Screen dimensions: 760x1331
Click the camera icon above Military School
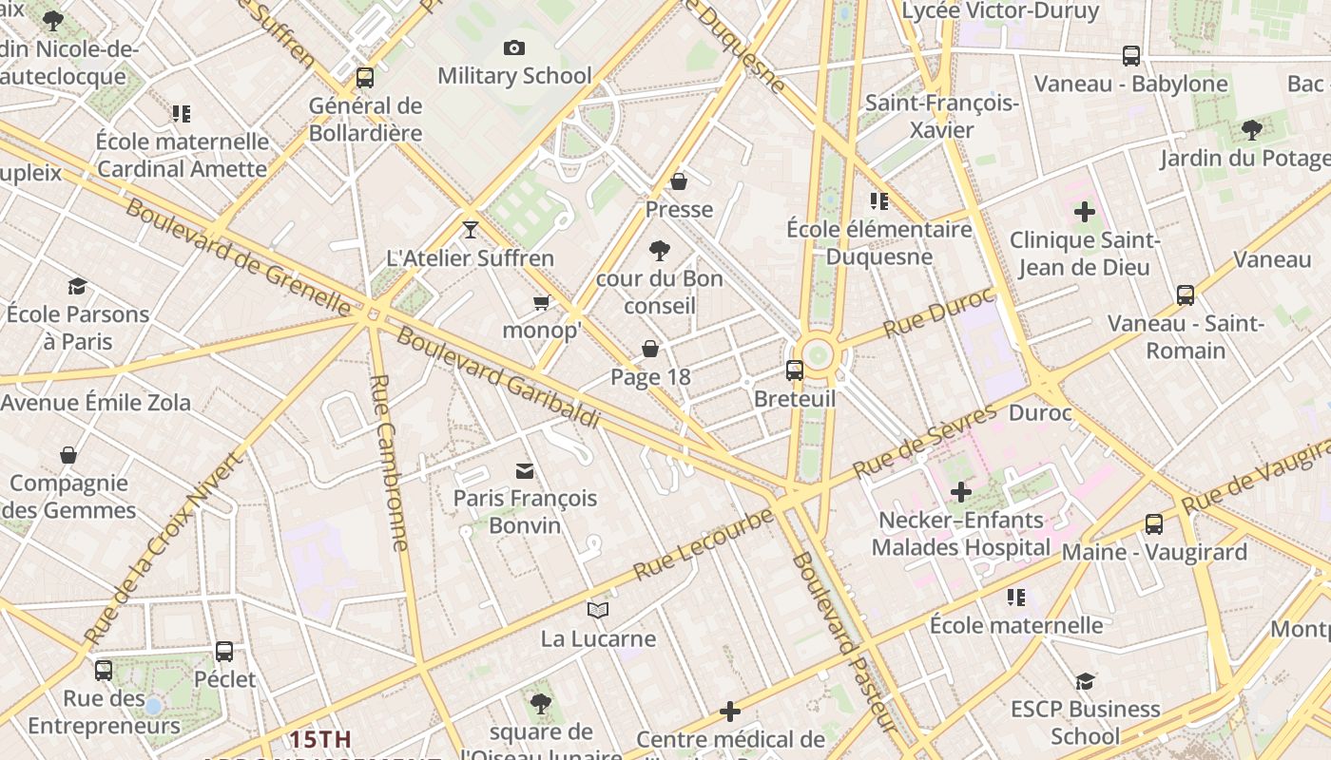[514, 47]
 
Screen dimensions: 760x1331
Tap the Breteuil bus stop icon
[795, 370]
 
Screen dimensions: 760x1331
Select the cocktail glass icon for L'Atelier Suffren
[470, 229]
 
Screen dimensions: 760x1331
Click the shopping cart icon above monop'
[541, 303]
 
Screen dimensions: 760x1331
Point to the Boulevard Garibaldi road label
[498, 377]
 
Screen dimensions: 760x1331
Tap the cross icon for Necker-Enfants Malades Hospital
[961, 492]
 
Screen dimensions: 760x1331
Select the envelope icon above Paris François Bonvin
[525, 470]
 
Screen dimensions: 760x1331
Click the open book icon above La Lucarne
[597, 610]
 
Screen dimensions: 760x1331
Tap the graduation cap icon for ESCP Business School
[1085, 681]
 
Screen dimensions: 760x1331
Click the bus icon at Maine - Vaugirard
[1153, 523]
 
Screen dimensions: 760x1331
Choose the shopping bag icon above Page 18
[650, 349]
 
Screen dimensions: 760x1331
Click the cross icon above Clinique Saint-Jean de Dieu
[1084, 211]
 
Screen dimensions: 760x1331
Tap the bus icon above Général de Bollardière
[365, 78]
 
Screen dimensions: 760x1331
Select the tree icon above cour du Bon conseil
[659, 251]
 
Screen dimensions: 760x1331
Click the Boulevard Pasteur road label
[845, 641]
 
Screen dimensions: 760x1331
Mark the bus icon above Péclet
[224, 651]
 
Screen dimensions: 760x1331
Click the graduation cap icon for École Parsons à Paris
[77, 286]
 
